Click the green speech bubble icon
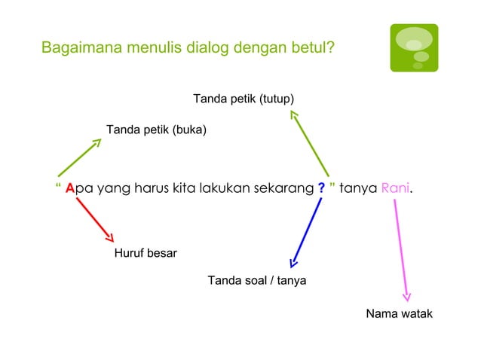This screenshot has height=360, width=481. click(414, 47)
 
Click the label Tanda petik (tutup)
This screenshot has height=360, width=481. click(244, 99)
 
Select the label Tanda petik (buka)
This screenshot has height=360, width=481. click(156, 130)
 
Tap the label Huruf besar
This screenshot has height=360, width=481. click(146, 253)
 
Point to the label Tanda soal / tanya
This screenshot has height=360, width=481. click(256, 281)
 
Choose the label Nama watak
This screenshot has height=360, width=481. click(399, 313)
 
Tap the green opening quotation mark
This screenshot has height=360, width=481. click(58, 185)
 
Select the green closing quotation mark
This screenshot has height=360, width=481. click(332, 185)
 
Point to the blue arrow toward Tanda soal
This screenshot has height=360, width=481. click(306, 231)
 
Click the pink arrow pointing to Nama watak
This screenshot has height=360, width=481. click(401, 249)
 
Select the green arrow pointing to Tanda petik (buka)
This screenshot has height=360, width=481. click(79, 157)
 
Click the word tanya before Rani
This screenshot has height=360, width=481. click(358, 188)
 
